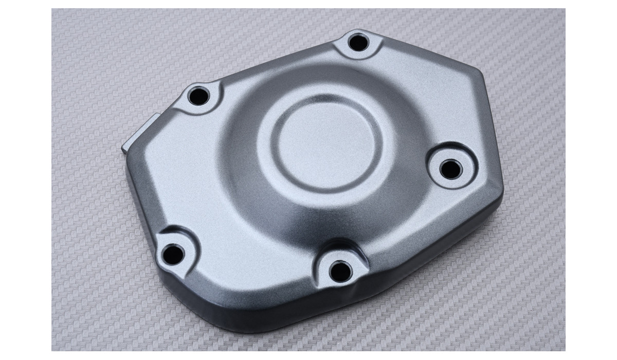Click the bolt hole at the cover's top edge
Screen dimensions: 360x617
click(x=358, y=42)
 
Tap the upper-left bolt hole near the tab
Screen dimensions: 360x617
click(x=198, y=96)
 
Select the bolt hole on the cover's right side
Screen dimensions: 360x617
click(x=451, y=168)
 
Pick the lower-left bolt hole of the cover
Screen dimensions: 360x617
click(x=174, y=253)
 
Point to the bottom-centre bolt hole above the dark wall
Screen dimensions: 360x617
click(x=340, y=269)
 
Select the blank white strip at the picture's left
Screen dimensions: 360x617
click(x=26, y=180)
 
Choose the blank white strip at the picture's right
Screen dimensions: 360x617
click(x=591, y=180)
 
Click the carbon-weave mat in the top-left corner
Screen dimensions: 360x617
click(x=87, y=36)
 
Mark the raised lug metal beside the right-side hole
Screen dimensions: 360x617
click(x=465, y=154)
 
